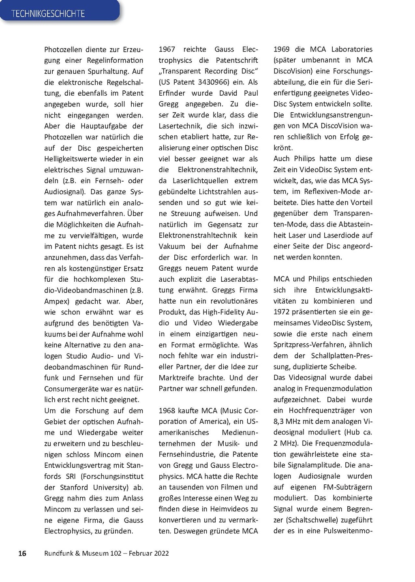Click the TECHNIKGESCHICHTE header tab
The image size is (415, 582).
tap(48, 13)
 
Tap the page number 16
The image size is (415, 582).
tap(22, 553)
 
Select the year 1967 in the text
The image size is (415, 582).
tap(167, 49)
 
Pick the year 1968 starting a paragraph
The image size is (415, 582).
tap(167, 411)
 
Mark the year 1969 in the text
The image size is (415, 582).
tap(282, 49)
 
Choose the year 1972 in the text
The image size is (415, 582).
tap(282, 312)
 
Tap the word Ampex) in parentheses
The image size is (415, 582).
tap(57, 302)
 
